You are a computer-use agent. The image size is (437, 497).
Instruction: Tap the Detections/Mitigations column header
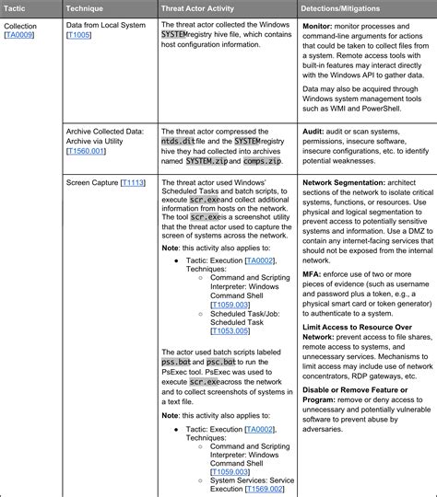tap(347, 7)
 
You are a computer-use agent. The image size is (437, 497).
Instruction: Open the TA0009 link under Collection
tap(20, 36)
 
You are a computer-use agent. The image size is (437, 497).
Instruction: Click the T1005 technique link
tap(80, 36)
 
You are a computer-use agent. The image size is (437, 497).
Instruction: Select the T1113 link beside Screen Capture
tap(134, 183)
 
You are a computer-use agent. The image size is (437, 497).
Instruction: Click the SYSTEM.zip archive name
tap(207, 161)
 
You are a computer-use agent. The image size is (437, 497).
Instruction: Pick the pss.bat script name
tap(177, 363)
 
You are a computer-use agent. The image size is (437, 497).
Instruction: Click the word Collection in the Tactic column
tap(21, 26)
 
